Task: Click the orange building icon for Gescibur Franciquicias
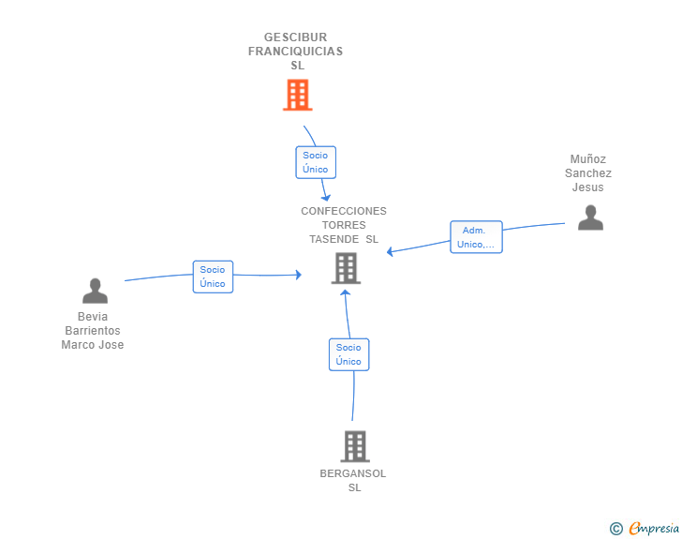[x=297, y=95]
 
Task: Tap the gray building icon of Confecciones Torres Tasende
[x=346, y=268]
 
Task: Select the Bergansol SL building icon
[x=354, y=446]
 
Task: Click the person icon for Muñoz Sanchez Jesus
[x=590, y=217]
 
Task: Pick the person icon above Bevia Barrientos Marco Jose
[x=95, y=291]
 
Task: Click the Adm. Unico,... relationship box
[x=476, y=237]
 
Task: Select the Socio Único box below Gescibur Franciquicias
[x=316, y=162]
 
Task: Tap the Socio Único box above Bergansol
[x=348, y=354]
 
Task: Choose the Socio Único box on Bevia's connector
[x=213, y=277]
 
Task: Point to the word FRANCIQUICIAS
[x=295, y=52]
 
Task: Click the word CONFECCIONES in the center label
[x=343, y=211]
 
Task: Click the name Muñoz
[x=588, y=159]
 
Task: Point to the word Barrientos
[x=93, y=331]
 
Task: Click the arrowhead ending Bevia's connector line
[x=298, y=275]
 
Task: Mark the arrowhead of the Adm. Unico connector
[x=391, y=251]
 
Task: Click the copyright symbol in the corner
[x=615, y=529]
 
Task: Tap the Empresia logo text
[x=654, y=529]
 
